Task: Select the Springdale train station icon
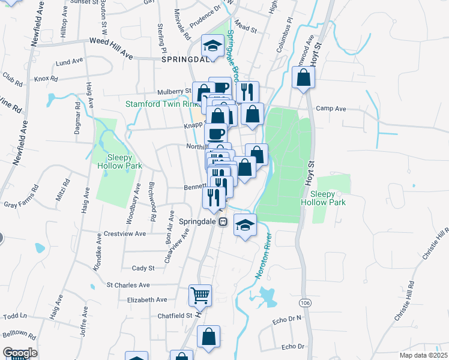[223, 221]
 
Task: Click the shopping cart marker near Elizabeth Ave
[200, 295]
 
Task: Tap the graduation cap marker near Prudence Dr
[212, 45]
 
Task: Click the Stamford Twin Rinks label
[161, 104]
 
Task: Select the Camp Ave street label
[331, 109]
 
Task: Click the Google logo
[20, 353]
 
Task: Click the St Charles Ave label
[128, 285]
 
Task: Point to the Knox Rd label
[46, 79]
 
